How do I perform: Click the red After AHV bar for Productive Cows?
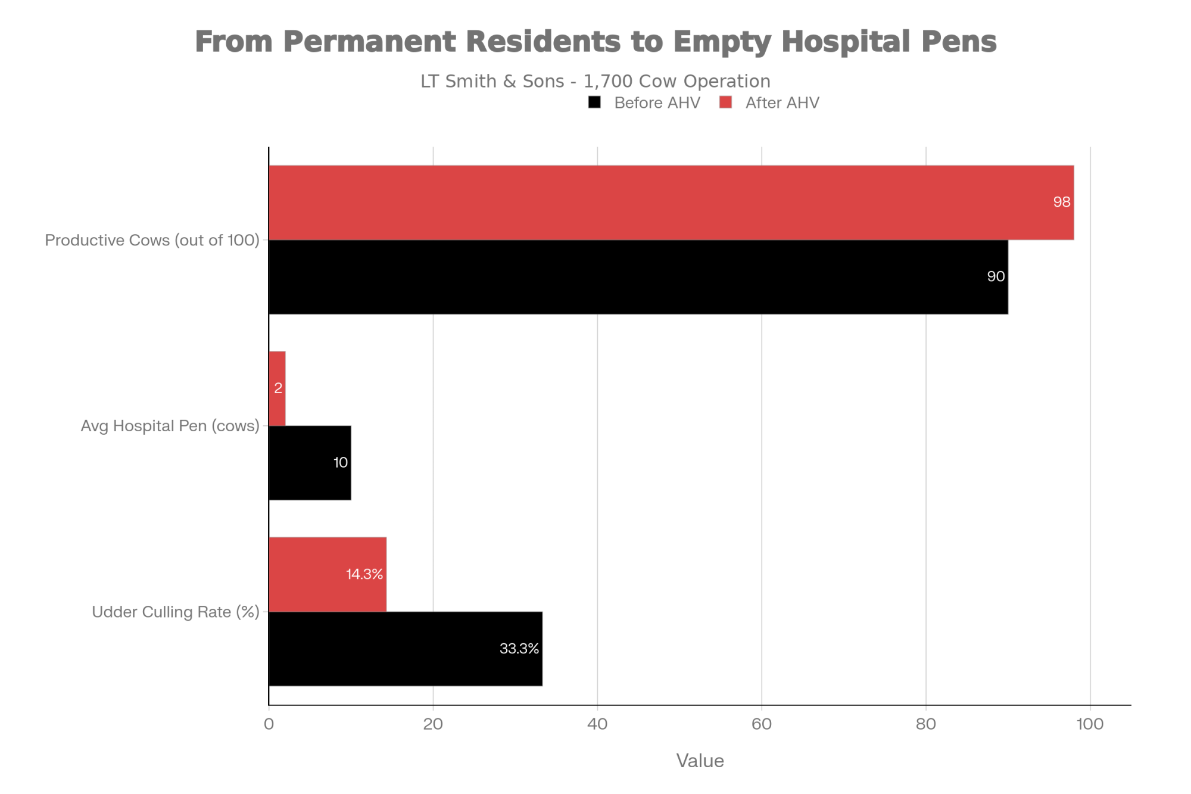pos(671,203)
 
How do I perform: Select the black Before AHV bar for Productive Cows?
pos(638,277)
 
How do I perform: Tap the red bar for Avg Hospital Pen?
pos(278,388)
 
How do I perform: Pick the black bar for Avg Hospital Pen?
pos(310,463)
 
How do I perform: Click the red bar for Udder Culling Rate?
pos(328,574)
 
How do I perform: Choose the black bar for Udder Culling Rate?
pos(405,649)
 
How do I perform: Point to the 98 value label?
pos(1061,203)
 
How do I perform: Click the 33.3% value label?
pos(519,649)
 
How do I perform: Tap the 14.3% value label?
pos(364,574)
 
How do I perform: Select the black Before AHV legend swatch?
pos(594,102)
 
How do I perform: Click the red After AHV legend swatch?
pos(725,102)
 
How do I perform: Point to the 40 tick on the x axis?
pos(597,724)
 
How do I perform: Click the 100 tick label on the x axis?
pos(1090,724)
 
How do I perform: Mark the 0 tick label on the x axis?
pos(269,724)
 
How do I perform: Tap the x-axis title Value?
pos(700,761)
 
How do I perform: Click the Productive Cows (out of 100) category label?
pos(152,240)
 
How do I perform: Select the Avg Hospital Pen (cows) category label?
pos(170,426)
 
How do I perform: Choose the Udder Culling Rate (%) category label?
pos(176,612)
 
